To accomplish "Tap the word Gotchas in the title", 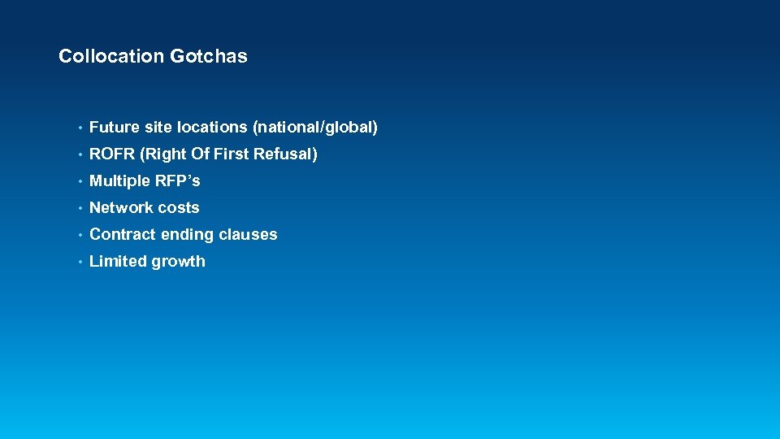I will (x=209, y=56).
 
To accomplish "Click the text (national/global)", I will (x=315, y=127).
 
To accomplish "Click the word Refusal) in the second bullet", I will (x=285, y=154).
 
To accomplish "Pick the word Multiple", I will (x=117, y=180).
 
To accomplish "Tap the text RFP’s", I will (x=177, y=180).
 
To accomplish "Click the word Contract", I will (x=122, y=234).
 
